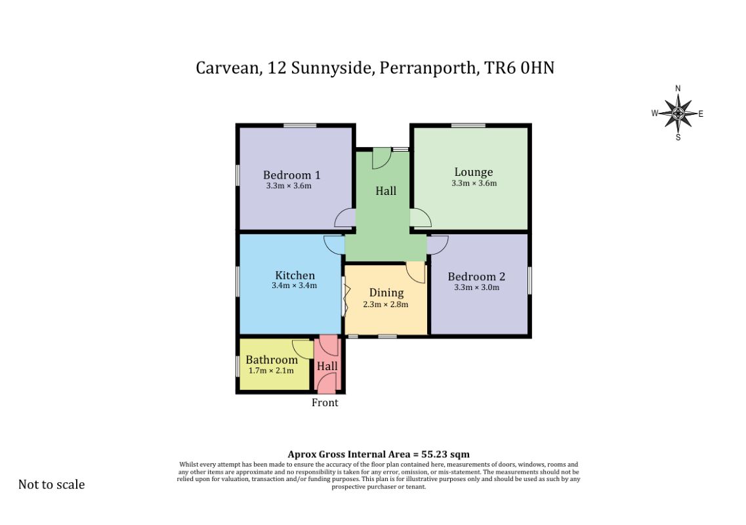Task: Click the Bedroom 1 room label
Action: pyautogui.click(x=292, y=175)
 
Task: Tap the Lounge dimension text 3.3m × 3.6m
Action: pyautogui.click(x=474, y=183)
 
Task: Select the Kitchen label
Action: pyautogui.click(x=295, y=275)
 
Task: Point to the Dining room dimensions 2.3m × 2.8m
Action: pyautogui.click(x=385, y=304)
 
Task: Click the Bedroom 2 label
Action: pyautogui.click(x=476, y=276)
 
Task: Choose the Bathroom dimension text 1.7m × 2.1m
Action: pyautogui.click(x=271, y=370)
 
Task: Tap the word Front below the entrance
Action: pyautogui.click(x=325, y=403)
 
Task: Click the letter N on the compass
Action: pyautogui.click(x=678, y=89)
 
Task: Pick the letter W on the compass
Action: pyautogui.click(x=655, y=114)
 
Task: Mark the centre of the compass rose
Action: pyautogui.click(x=678, y=114)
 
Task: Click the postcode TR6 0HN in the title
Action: pyautogui.click(x=520, y=68)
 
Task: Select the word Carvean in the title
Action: pyautogui.click(x=228, y=68)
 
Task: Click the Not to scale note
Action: pyautogui.click(x=51, y=484)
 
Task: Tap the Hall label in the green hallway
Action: pyautogui.click(x=386, y=191)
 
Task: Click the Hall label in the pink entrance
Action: pyautogui.click(x=327, y=366)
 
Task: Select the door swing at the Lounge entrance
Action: pyautogui.click(x=421, y=217)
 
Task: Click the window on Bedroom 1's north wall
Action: pyautogui.click(x=300, y=125)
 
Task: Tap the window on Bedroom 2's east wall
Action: pyautogui.click(x=529, y=281)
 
